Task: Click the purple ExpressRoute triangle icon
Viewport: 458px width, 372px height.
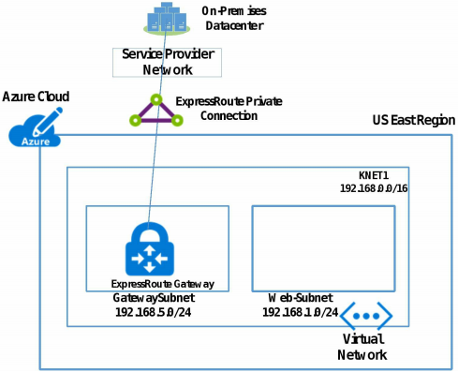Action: [x=152, y=112]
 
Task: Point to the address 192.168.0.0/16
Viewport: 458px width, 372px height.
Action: [x=373, y=188]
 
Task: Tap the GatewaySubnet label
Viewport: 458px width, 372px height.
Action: [x=151, y=297]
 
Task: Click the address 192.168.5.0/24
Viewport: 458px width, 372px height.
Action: [x=150, y=311]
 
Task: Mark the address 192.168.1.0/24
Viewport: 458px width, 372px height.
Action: [x=300, y=311]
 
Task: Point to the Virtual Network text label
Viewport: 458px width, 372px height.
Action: [x=363, y=347]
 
